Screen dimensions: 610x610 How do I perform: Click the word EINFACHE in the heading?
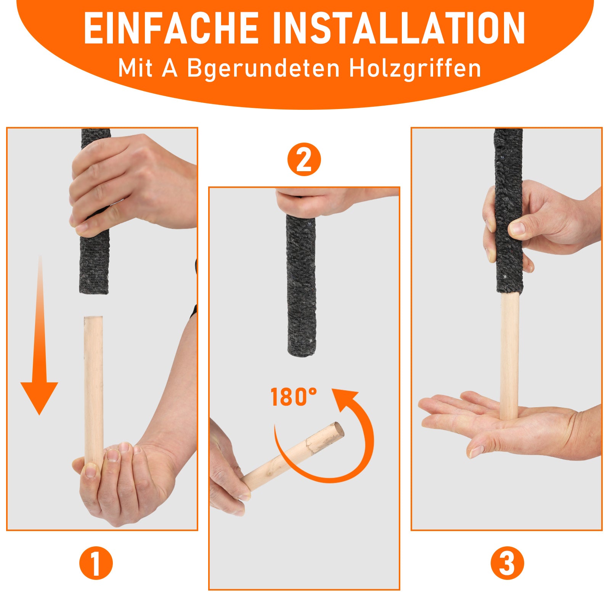[171, 28]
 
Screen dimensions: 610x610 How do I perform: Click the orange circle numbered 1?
[96, 563]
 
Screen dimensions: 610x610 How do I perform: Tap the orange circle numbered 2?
[304, 159]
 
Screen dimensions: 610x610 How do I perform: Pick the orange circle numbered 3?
[507, 563]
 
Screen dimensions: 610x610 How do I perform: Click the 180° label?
[294, 397]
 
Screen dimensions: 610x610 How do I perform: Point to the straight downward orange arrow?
[39, 335]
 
